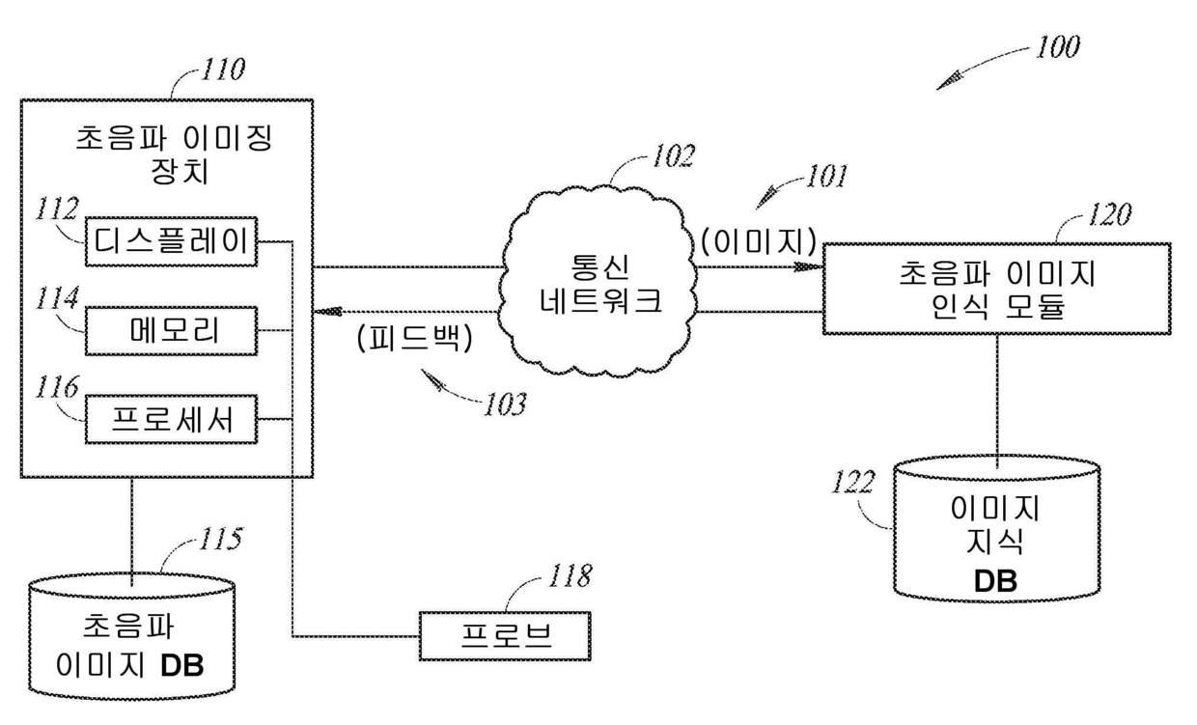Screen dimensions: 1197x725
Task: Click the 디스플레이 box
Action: coord(171,241)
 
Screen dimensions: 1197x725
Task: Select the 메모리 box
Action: coord(171,331)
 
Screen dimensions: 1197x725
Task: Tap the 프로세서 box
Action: coord(171,419)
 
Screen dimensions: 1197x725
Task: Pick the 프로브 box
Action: coord(505,636)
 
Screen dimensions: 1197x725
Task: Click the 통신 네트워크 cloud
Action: coord(598,281)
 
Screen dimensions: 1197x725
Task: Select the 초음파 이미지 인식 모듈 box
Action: coord(997,289)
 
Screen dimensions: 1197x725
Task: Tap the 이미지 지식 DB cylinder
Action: coord(997,528)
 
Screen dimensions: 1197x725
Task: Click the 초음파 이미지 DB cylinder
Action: coord(131,636)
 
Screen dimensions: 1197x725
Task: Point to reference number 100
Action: coord(1058,47)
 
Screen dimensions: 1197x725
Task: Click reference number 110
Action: coord(223,70)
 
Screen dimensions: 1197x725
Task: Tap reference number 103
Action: coord(505,404)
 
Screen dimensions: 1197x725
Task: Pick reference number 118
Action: coord(571,576)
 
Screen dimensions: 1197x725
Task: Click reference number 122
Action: coord(853,482)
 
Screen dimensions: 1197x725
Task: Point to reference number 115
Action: coord(221,539)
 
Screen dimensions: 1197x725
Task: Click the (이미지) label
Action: coord(760,242)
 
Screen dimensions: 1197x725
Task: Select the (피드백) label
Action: coord(415,338)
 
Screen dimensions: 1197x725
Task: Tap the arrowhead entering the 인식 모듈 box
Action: coord(808,266)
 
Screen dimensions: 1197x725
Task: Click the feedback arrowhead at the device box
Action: coord(327,311)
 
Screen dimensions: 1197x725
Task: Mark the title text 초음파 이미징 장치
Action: coord(174,154)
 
